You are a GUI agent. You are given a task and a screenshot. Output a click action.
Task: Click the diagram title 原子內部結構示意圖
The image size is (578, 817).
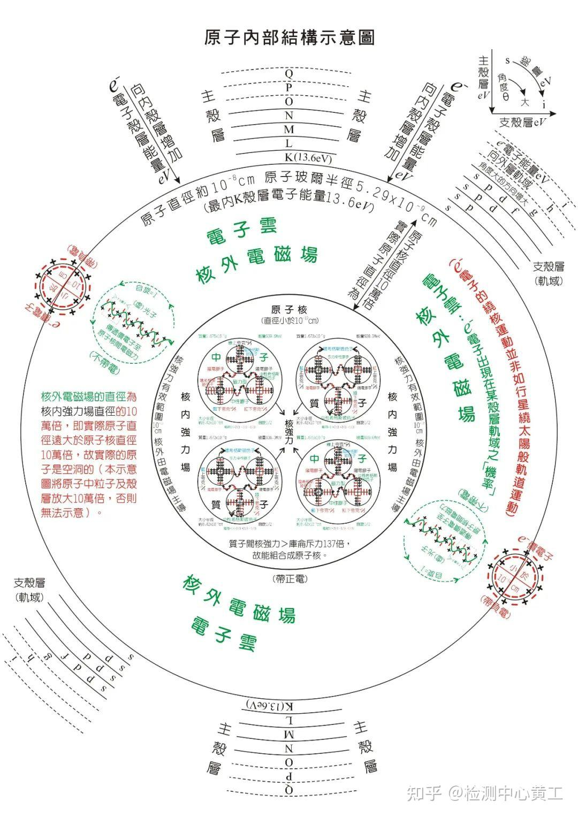click(289, 37)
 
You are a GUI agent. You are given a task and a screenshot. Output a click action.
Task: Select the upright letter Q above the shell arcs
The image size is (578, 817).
click(289, 72)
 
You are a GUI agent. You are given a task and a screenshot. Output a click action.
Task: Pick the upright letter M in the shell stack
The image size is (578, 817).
click(289, 129)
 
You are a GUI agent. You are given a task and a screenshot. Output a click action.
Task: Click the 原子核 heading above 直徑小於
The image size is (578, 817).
click(289, 310)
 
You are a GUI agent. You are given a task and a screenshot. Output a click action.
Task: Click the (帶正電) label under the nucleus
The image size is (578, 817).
click(289, 578)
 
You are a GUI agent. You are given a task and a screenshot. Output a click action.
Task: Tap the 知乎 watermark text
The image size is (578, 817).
click(424, 792)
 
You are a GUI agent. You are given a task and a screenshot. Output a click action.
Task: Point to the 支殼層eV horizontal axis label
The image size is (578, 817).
click(523, 122)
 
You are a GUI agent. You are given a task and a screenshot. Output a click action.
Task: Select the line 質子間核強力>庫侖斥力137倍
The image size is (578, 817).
click(289, 544)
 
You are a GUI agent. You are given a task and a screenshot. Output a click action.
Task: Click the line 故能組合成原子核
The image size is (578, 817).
click(289, 555)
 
